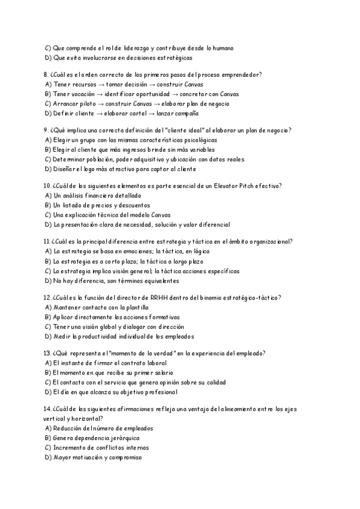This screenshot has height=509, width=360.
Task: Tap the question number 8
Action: tap(46, 74)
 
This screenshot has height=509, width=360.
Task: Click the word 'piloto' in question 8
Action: tap(91, 103)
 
